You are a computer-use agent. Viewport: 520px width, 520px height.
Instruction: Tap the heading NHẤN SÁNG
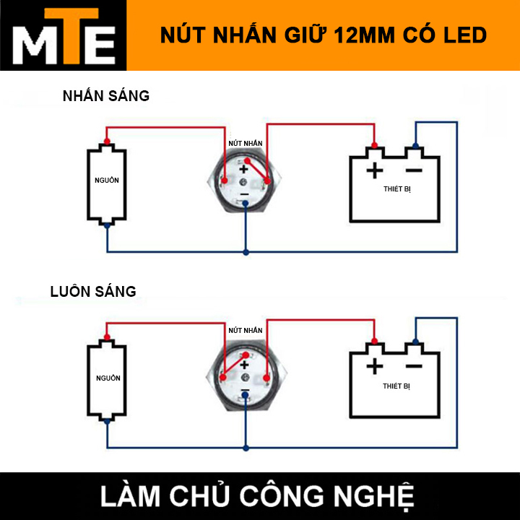[x=105, y=95]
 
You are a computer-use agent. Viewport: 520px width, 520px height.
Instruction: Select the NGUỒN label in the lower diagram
[x=108, y=378]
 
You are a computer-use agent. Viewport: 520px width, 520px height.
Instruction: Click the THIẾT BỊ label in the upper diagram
[x=396, y=188]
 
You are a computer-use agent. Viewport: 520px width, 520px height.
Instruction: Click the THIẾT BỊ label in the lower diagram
[x=396, y=386]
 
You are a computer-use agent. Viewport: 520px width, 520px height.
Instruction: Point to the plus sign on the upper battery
[x=374, y=170]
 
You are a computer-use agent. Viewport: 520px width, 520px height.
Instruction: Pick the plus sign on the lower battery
[x=374, y=367]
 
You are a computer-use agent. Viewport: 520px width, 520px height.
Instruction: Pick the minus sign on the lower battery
[x=413, y=367]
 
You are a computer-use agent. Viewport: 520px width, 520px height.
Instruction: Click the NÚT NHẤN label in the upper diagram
[x=245, y=144]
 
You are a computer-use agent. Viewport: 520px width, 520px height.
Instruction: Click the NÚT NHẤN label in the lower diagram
[x=245, y=329]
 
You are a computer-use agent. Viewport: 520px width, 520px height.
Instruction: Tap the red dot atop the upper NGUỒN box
[x=107, y=141]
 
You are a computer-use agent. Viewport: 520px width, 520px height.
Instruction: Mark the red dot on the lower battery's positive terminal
[x=374, y=341]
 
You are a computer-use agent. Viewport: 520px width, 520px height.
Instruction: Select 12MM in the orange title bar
[x=370, y=35]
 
